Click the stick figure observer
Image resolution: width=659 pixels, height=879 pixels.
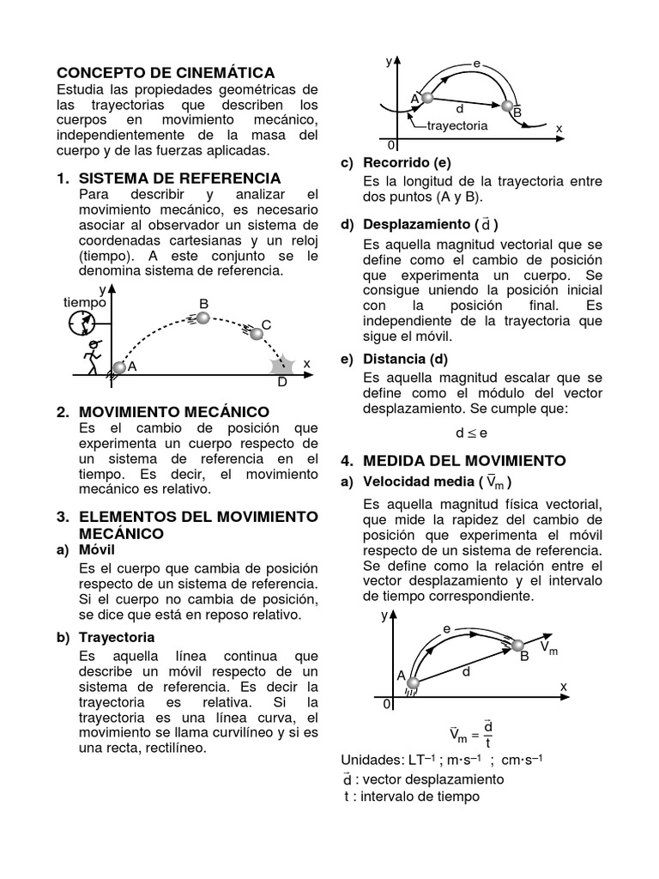[x=91, y=355]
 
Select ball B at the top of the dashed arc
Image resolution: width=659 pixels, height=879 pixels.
[x=203, y=318]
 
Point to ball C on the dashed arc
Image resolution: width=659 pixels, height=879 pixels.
[x=256, y=332]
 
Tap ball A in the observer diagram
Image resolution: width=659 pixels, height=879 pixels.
[x=119, y=367]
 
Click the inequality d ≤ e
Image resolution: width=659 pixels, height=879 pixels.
[x=471, y=433]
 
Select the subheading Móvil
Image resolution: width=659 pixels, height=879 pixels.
[x=96, y=549]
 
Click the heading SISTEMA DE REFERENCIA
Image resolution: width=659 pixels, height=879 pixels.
[x=179, y=179]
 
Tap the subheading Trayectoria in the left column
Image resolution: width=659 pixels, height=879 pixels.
[x=117, y=637]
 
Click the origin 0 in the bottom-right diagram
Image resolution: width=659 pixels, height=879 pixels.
[x=387, y=704]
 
